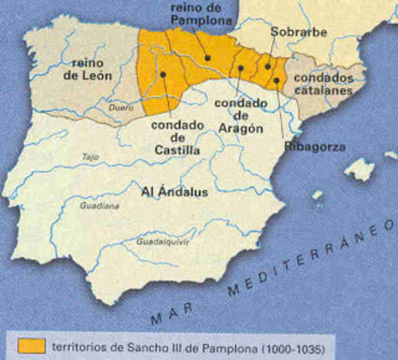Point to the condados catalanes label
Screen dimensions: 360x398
(x=323, y=83)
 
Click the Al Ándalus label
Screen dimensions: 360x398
(x=174, y=191)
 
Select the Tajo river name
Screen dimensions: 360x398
(x=90, y=157)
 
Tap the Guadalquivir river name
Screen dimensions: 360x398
(x=163, y=242)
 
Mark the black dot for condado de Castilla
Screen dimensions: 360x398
(x=163, y=73)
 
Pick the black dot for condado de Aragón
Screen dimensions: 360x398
(x=240, y=67)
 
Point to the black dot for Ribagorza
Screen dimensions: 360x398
(x=276, y=79)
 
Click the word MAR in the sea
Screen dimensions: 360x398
(x=170, y=315)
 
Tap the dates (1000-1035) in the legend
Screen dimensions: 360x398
(x=285, y=346)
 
